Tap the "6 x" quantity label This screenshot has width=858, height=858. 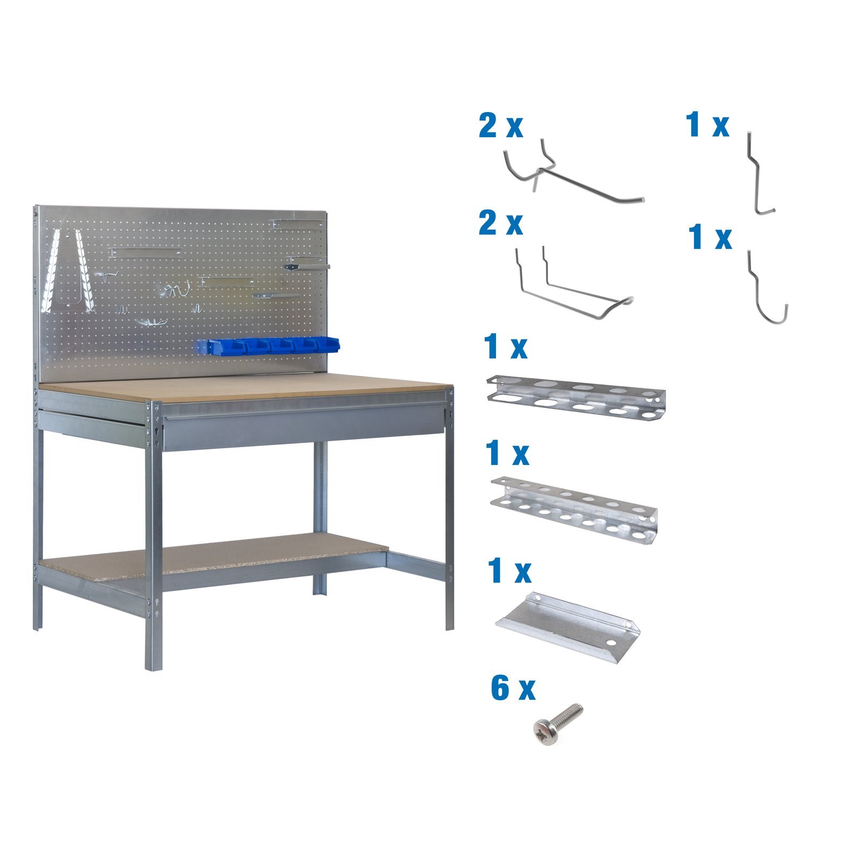point(513,689)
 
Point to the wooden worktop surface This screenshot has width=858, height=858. point(241,386)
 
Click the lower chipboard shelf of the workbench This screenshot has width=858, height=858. point(214,558)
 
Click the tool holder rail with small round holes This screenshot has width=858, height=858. point(574,509)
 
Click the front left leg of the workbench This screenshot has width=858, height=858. point(153,536)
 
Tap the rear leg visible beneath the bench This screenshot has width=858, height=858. point(320,515)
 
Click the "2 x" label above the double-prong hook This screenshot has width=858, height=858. point(500,127)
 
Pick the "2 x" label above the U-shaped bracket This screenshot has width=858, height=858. point(500,223)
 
